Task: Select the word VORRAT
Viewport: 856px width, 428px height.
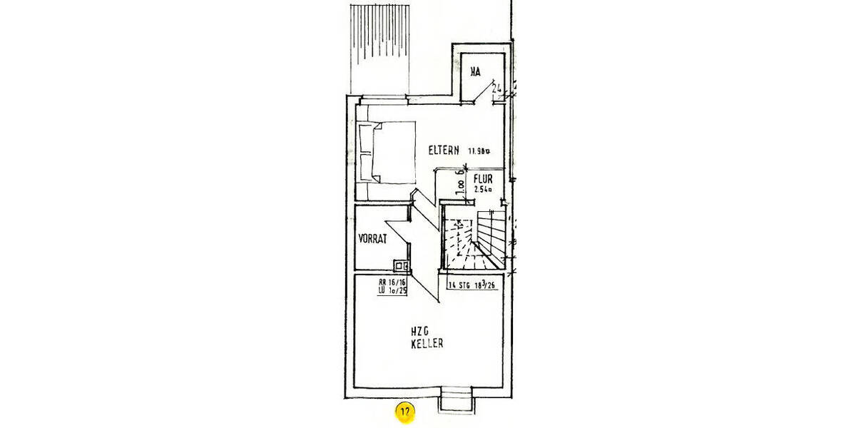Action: coord(373,240)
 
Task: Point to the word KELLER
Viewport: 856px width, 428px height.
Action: coord(427,344)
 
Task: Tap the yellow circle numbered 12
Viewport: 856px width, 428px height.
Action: coord(405,412)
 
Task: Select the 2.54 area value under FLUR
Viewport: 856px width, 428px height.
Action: coord(483,190)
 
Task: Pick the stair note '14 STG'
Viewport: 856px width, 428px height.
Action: coord(462,285)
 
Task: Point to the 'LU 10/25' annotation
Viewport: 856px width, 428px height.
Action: coord(392,291)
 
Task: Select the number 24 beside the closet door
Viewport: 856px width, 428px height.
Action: coord(497,89)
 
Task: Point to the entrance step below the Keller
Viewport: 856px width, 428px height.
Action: coord(454,399)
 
